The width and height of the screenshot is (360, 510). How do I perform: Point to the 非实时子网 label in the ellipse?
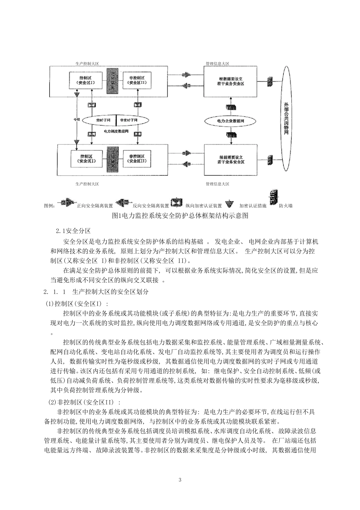point(128,120)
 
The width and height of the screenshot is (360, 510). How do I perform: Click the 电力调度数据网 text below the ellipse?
point(116,131)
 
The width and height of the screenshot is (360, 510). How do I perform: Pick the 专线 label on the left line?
point(77,119)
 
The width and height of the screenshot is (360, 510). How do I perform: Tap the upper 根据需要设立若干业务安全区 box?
point(230,81)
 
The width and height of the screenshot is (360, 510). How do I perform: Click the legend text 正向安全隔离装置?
point(95,206)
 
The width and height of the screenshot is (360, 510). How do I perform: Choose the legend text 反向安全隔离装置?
point(150,206)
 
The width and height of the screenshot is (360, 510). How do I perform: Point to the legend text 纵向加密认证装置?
point(203,206)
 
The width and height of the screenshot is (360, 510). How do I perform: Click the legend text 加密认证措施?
point(253,206)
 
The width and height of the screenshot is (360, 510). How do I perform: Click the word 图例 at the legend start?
point(50,206)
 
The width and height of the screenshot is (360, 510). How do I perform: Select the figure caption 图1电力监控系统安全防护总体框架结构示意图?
point(180,216)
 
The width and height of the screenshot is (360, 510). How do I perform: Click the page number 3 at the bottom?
point(180,480)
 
